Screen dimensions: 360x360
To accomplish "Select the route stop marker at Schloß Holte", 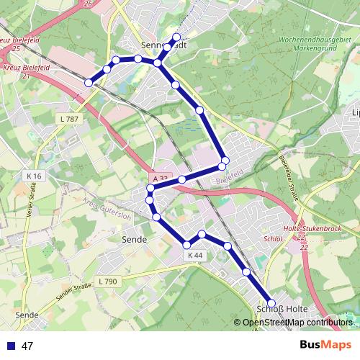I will pos(271,303).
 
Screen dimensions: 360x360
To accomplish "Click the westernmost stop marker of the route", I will pos(89,83).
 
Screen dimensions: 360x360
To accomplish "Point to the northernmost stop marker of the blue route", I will pos(176,37).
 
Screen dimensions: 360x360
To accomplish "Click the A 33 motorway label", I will pos(159,178).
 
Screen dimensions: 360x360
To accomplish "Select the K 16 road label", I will pos(35,176).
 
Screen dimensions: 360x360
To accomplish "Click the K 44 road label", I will pos(195,255).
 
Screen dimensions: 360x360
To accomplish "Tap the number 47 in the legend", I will pos(28,346).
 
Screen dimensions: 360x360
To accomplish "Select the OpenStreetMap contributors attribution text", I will pos(297,322).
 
